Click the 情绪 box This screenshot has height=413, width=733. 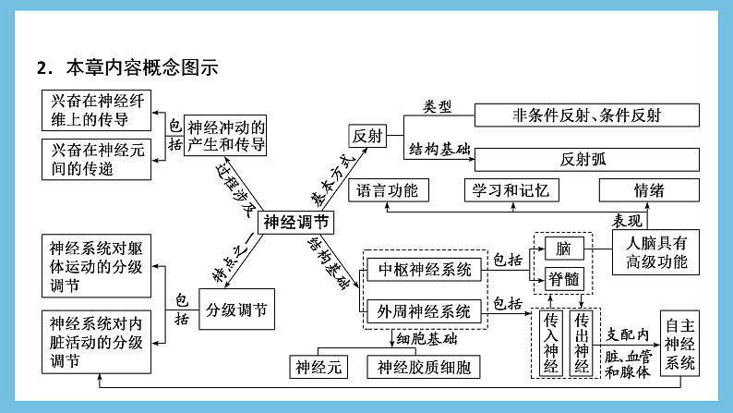coord(648,190)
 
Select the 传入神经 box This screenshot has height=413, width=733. coord(551,343)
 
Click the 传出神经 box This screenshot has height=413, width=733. coord(582,343)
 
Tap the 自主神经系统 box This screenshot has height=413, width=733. coord(680,344)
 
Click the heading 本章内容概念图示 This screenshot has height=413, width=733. coord(141,67)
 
